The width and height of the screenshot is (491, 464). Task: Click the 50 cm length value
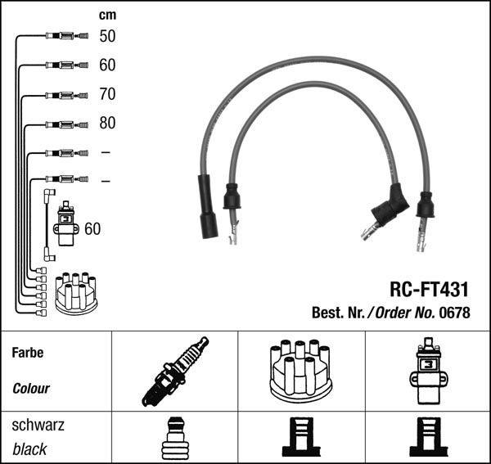(107, 36)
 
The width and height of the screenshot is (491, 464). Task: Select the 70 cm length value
(107, 94)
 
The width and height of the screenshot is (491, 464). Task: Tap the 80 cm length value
(107, 124)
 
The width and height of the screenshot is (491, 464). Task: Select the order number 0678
(455, 312)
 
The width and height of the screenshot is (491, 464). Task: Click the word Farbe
(28, 354)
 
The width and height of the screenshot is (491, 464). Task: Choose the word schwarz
(38, 426)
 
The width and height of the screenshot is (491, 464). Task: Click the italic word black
(29, 449)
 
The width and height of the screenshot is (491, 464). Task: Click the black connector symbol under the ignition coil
(426, 438)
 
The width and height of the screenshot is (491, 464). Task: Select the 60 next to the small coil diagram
(92, 229)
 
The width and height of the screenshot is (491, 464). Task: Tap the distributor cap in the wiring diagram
(75, 293)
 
